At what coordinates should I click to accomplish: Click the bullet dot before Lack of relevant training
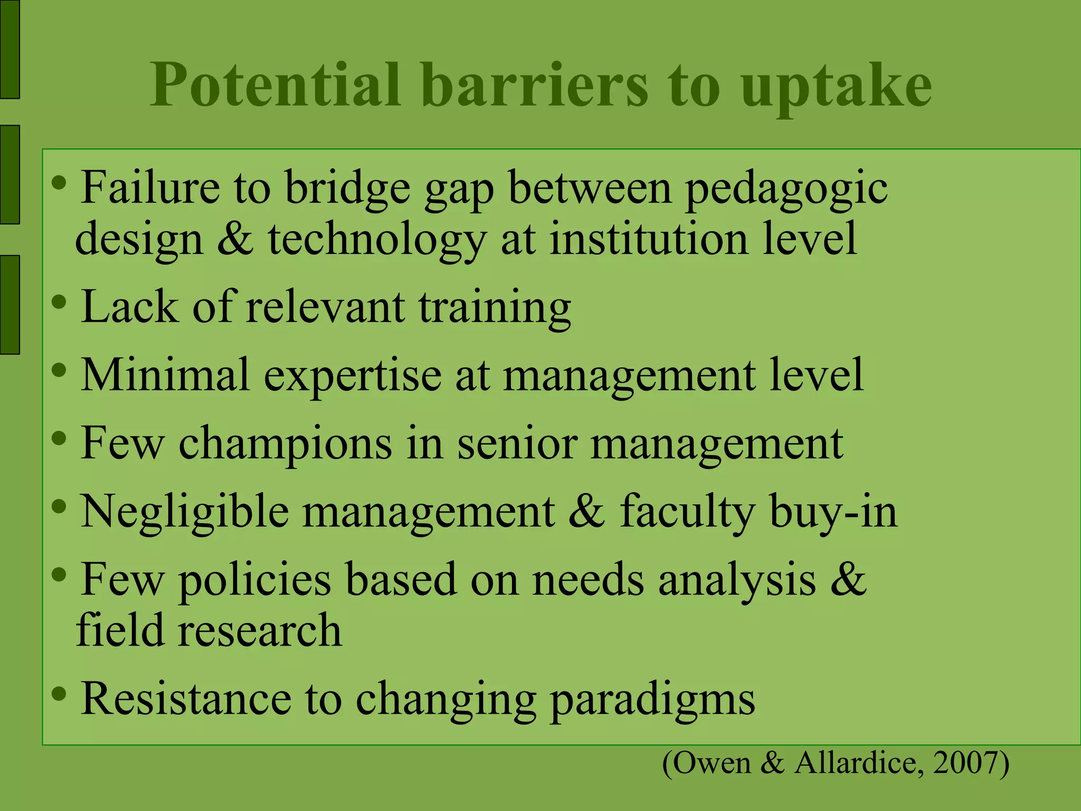coord(59,303)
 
